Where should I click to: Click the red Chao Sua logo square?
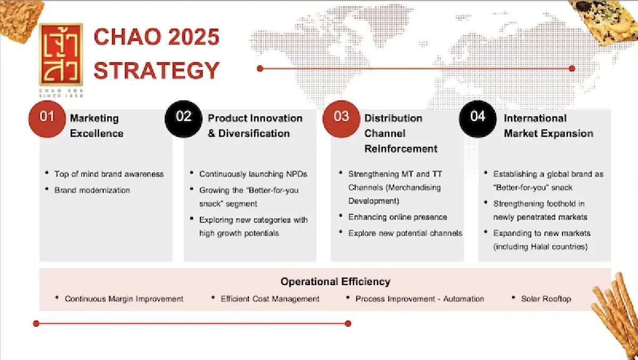tap(61, 54)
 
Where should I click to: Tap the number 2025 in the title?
tap(194, 37)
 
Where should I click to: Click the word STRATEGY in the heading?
tap(156, 70)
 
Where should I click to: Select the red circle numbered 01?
tap(47, 119)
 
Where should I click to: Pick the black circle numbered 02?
tap(183, 119)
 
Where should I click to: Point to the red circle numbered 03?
tap(341, 119)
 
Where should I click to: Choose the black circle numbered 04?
tap(477, 119)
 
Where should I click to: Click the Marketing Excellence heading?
tap(97, 126)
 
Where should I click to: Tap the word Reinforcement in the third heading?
tap(401, 149)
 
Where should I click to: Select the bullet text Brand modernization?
tap(92, 190)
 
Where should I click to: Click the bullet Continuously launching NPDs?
tap(253, 174)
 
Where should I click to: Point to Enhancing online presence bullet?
tap(398, 217)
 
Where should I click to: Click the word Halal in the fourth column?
tap(540, 247)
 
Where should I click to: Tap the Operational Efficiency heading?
tap(335, 282)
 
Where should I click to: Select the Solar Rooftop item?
tap(546, 299)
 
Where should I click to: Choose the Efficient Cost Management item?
tap(270, 299)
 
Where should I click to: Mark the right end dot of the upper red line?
tap(572, 69)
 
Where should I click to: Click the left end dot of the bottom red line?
tap(36, 323)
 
